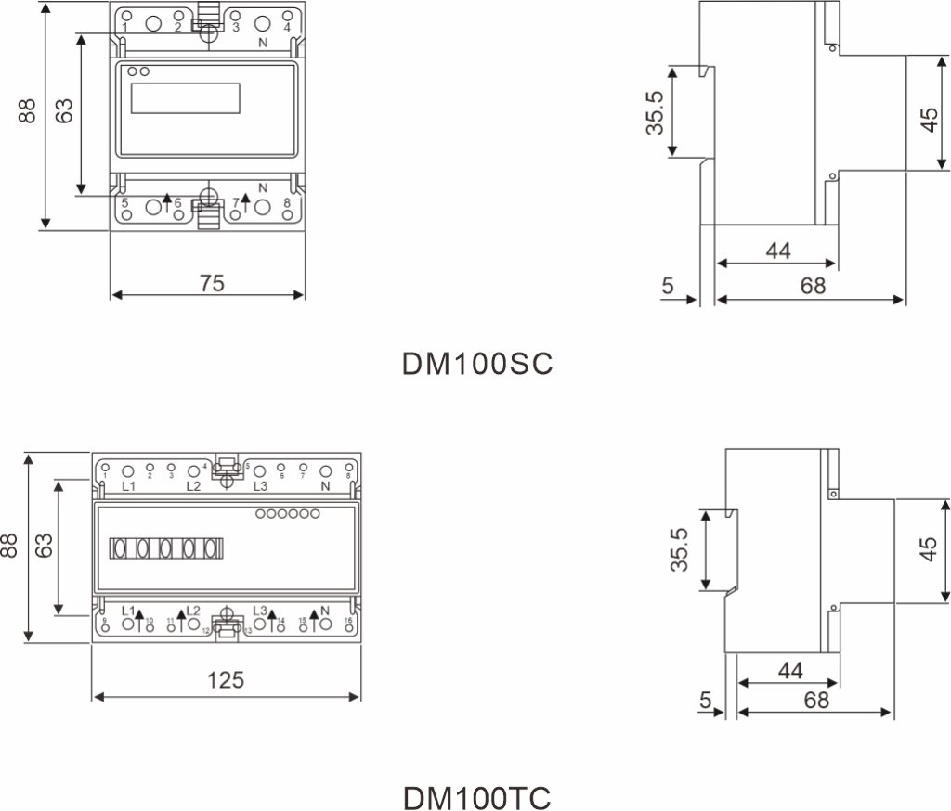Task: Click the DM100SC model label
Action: [x=476, y=363]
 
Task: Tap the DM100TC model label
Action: [x=477, y=797]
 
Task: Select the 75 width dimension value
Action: [x=212, y=283]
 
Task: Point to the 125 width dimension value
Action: [x=225, y=680]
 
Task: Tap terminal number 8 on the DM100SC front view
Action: [x=287, y=202]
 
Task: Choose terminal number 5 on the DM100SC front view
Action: [x=124, y=202]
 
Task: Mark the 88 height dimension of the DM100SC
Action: [x=28, y=112]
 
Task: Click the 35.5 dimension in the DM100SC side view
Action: [x=656, y=113]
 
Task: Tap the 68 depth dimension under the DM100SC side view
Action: [x=813, y=286]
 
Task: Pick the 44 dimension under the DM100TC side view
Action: [x=790, y=670]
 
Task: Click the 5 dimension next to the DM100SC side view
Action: [x=668, y=286]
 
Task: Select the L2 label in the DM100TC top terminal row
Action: [x=193, y=485]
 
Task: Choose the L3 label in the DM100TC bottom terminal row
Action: [x=260, y=611]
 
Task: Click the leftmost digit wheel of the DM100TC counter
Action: [x=120, y=548]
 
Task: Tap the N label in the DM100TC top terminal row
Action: [x=325, y=485]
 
